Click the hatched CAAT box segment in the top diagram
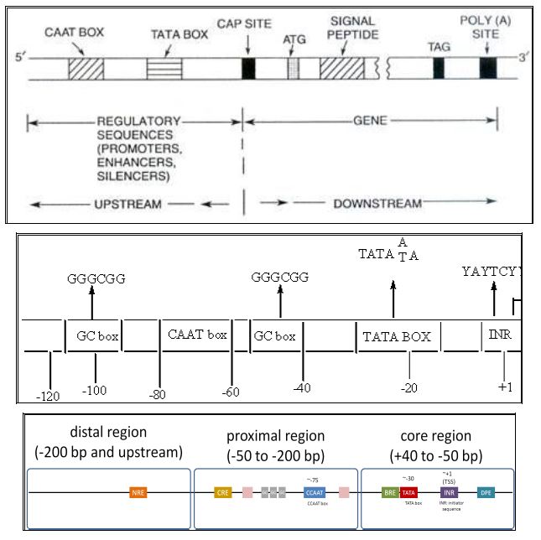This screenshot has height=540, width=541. tap(81, 68)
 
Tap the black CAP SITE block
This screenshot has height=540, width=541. tap(247, 68)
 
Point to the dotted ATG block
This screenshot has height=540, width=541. tap(293, 68)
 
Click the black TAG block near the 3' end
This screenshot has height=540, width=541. tap(439, 68)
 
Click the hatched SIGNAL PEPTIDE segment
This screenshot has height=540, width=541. tap(339, 68)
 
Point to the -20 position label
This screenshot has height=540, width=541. tap(408, 388)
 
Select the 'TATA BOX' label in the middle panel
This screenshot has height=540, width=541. tap(397, 337)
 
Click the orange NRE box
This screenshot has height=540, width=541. tap(139, 493)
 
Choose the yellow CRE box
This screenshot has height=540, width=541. tap(222, 493)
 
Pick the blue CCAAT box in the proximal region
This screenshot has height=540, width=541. tap(315, 493)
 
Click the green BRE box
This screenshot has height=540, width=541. tap(389, 493)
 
